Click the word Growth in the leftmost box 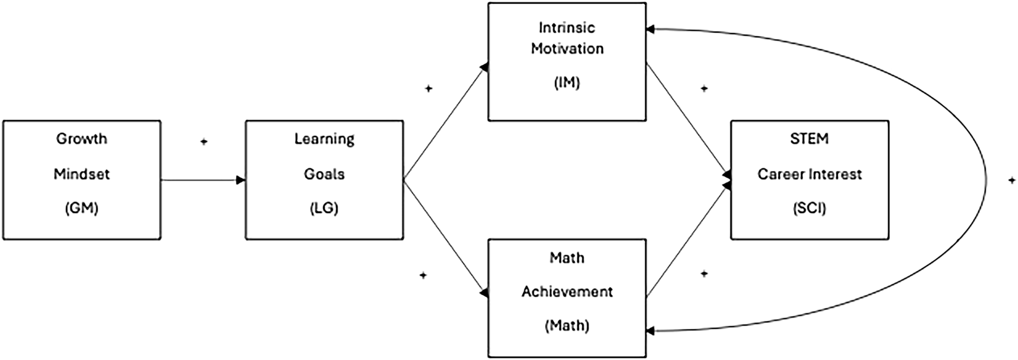pos(81,139)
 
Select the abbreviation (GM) pos(81,208)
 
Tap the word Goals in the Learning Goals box pos(324,174)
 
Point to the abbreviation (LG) pos(324,208)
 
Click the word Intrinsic pos(567,27)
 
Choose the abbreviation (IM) pos(567,82)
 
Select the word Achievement pos(567,292)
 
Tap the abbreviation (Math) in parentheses pos(567,325)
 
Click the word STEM pos(809,139)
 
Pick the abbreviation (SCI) pos(809,208)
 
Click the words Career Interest pos(809,174)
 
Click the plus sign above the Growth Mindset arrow pos(204,142)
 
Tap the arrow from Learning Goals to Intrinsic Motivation pos(445,123)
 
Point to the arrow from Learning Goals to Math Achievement pos(445,236)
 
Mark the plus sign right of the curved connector pos(1012,180)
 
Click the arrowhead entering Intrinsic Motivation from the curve pos(650,30)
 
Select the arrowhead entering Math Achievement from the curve pos(650,331)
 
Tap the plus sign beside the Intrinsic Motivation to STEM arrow pos(704,89)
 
